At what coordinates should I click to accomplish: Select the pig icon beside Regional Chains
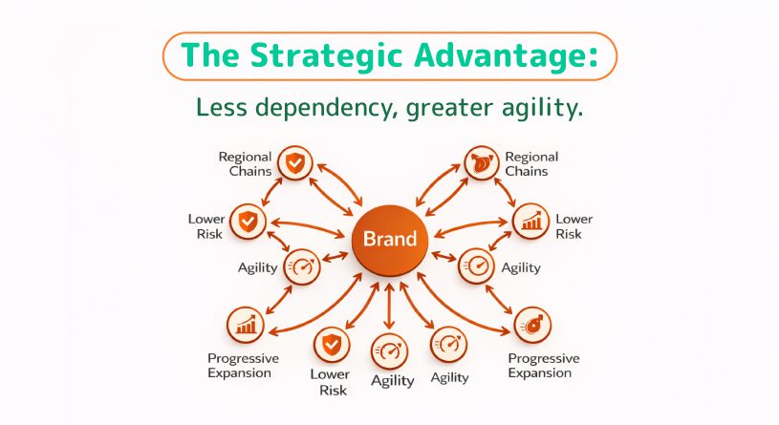click(x=480, y=163)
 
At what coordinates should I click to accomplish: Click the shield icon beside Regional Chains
click(x=294, y=163)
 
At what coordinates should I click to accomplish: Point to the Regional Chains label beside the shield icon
click(x=245, y=163)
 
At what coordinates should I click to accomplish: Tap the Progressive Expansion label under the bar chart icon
click(x=243, y=365)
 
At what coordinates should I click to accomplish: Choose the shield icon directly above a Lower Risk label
click(x=331, y=344)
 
